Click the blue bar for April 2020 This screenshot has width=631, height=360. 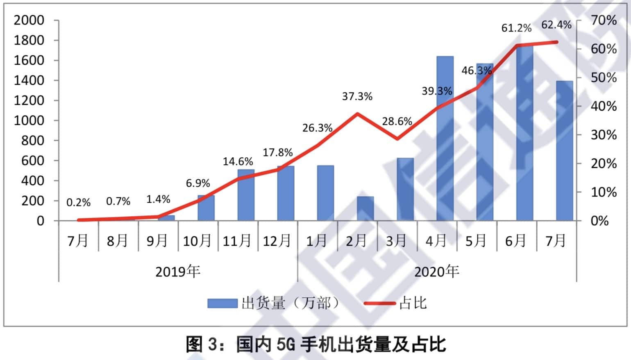pyautogui.click(x=445, y=139)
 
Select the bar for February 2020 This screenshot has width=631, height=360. pyautogui.click(x=365, y=209)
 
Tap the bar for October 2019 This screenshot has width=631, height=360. pyautogui.click(x=206, y=208)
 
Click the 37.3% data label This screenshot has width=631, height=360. pyautogui.click(x=357, y=97)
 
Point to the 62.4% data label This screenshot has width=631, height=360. pyautogui.click(x=556, y=25)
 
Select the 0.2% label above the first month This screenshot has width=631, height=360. pyautogui.click(x=78, y=202)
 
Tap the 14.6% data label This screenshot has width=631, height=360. pyautogui.click(x=238, y=161)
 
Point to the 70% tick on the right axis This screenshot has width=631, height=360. pyautogui.click(x=603, y=20)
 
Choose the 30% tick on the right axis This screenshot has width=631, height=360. pyautogui.click(x=603, y=135)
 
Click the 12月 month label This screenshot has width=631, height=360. pyautogui.click(x=277, y=241)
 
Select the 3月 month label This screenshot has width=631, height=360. pyautogui.click(x=396, y=241)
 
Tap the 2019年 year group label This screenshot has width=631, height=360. pyautogui.click(x=177, y=271)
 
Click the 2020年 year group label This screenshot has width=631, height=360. pyautogui.click(x=436, y=271)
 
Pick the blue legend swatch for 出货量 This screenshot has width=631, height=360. pyautogui.click(x=222, y=303)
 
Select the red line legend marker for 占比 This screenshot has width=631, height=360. pyautogui.click(x=379, y=303)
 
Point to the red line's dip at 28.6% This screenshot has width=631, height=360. pyautogui.click(x=397, y=139)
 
